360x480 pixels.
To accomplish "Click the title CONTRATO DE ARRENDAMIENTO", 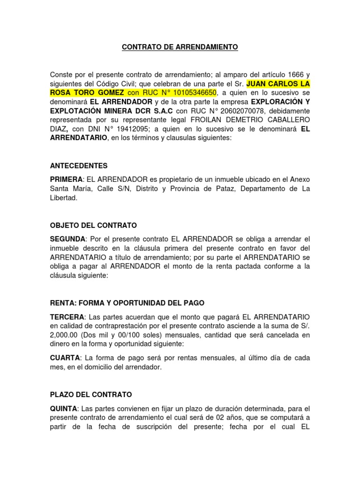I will (180, 47).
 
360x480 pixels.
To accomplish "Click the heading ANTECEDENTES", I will (79, 166).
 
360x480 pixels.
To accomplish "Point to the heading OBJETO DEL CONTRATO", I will (93, 225).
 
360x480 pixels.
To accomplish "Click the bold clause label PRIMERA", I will (66, 180).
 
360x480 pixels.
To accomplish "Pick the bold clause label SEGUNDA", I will (67, 239).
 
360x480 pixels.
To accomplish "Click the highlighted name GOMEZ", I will (109, 93).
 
